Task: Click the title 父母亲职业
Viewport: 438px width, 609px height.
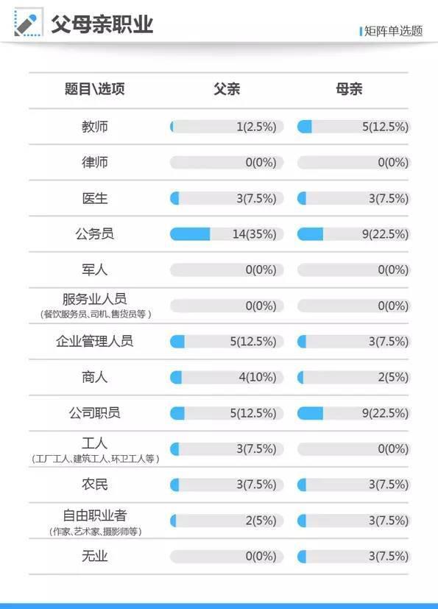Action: [102, 24]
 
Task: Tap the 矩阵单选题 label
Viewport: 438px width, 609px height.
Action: [393, 31]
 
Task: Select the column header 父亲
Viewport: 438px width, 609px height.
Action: [227, 89]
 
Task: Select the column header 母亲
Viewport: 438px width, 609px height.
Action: [349, 89]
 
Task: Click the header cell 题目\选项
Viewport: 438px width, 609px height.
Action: [95, 89]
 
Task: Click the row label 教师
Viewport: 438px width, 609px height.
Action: [95, 127]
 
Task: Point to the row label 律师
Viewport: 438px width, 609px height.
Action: [95, 163]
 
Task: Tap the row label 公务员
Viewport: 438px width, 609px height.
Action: [95, 234]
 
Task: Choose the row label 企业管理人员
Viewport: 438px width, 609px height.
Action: [95, 342]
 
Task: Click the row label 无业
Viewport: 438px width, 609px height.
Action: [95, 557]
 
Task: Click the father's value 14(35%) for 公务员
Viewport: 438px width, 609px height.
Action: [254, 234]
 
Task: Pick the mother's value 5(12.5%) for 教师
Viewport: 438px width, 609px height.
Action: [385, 127]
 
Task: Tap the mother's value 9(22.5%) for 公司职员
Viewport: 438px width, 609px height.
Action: [385, 413]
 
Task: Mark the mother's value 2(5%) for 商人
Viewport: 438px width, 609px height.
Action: [393, 378]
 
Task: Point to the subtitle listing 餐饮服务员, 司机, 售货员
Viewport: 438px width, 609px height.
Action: [95, 314]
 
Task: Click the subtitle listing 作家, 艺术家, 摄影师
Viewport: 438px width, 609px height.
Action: [95, 531]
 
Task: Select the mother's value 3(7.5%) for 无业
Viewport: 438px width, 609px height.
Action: [388, 557]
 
